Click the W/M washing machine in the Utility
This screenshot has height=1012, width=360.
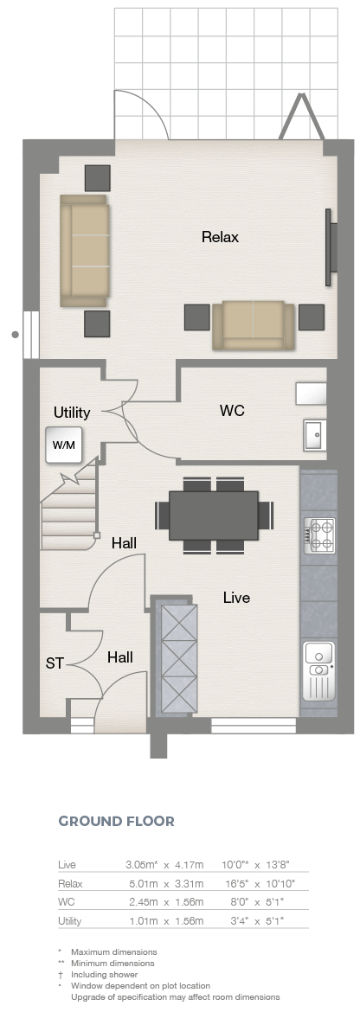coord(64,445)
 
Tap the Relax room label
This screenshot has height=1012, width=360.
coord(220,237)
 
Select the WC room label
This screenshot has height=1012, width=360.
coord(232,411)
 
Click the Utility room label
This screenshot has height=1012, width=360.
coord(72,412)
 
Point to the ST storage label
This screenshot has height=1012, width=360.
coord(55,663)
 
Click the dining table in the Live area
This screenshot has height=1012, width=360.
coord(214,516)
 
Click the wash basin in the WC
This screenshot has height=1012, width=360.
coord(315,435)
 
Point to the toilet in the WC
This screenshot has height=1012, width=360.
coord(311,393)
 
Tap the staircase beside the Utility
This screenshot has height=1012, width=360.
coord(69,508)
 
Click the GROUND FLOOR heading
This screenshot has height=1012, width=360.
coord(116,822)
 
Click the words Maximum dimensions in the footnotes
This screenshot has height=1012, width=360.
coord(114,952)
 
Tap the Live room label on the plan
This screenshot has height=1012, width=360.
coord(236,598)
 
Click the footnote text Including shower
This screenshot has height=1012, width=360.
coord(105,975)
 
